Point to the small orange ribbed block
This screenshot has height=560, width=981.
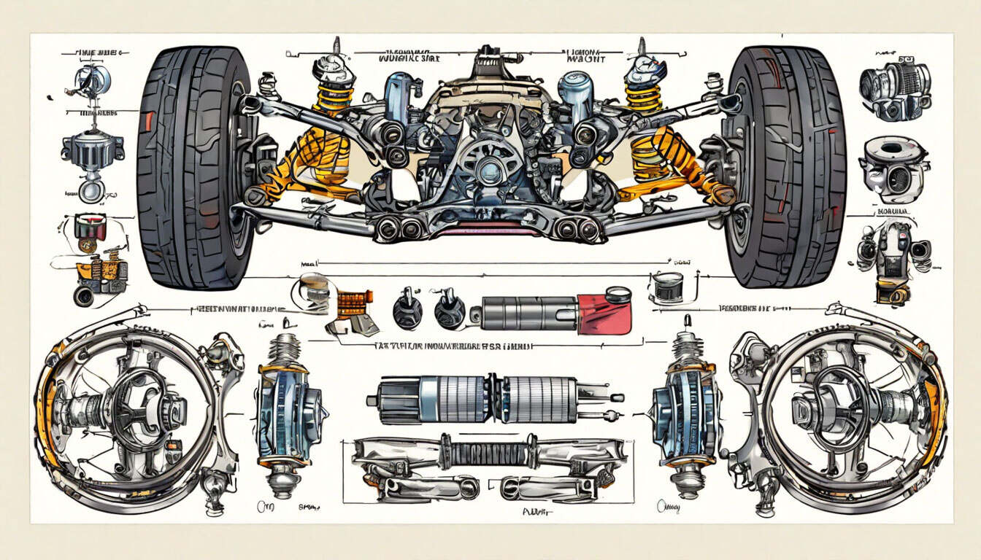point(354,303)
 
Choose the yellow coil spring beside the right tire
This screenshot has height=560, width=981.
point(644,95)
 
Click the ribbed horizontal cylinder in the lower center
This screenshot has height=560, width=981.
point(496,399)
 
